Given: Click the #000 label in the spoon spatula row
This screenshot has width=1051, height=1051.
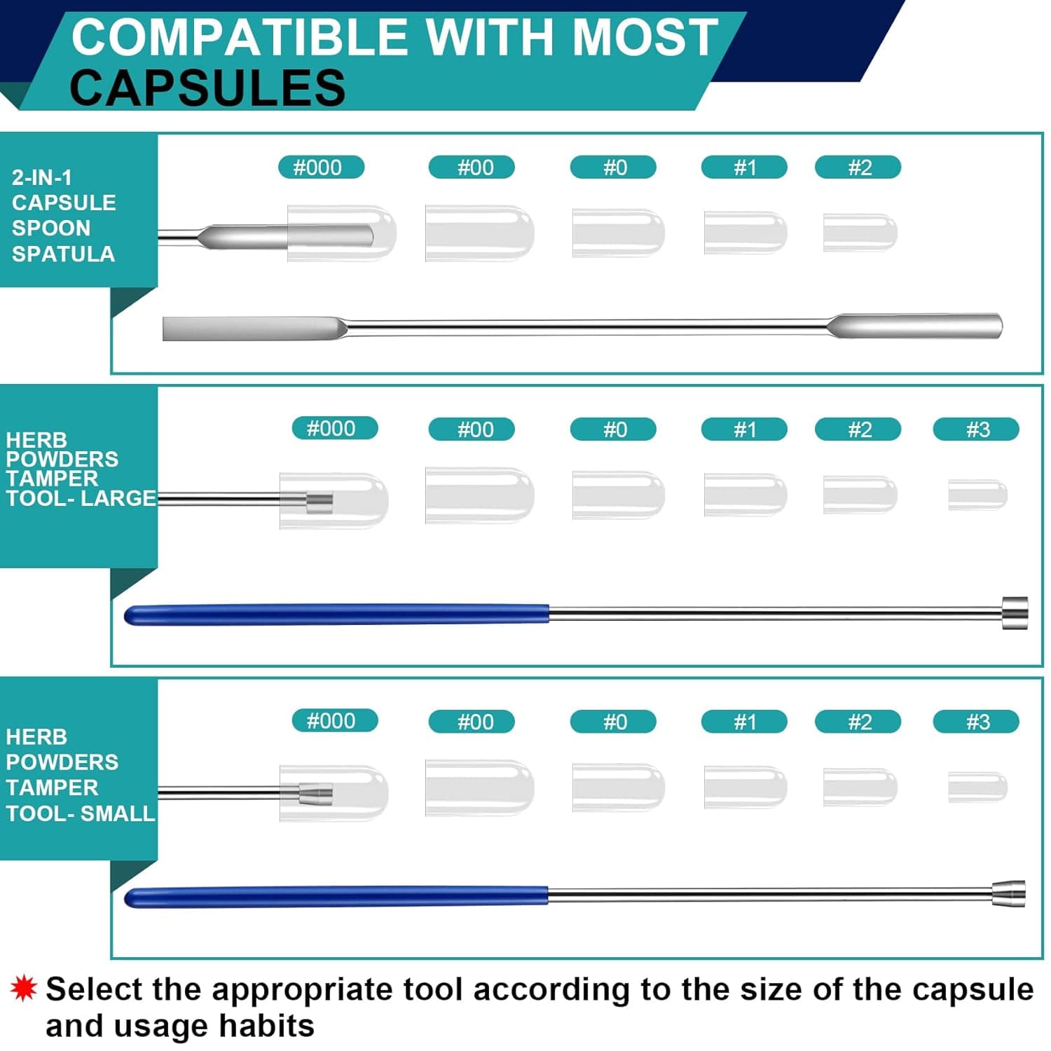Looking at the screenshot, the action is (321, 167).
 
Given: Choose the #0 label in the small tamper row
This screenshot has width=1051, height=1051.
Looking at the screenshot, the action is (613, 721).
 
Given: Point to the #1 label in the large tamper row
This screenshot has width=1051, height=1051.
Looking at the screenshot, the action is (744, 429).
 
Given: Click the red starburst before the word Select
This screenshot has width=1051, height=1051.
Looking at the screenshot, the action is (23, 988).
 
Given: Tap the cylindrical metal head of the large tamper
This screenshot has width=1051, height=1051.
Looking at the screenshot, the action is (1015, 613).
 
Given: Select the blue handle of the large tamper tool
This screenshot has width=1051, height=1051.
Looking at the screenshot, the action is (336, 614).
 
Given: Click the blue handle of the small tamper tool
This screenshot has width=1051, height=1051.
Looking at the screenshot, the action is (336, 896).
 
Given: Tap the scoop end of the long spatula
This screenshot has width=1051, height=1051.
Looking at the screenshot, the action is (914, 325).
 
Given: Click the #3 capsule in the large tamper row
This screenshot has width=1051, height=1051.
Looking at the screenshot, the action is (978, 495).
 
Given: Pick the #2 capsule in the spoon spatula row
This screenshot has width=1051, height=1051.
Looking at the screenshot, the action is (860, 233).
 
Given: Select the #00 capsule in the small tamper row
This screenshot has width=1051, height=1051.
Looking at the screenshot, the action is (480, 787).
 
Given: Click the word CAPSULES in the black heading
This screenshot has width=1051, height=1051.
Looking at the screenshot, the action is (207, 88).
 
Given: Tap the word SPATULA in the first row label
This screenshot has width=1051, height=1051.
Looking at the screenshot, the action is (63, 254).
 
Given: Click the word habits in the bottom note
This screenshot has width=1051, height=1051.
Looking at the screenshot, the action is (266, 1026).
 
